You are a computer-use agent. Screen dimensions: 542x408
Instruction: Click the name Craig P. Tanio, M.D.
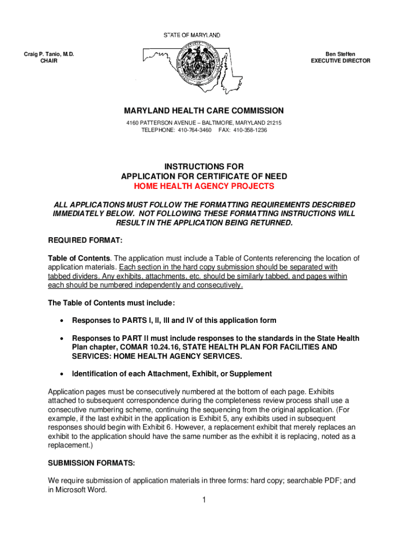tap(49, 54)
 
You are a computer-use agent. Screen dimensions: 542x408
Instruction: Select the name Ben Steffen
tap(340, 54)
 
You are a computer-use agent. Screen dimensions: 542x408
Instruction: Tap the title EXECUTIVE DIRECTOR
tap(340, 61)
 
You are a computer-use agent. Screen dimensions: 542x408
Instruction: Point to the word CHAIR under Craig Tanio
tap(49, 61)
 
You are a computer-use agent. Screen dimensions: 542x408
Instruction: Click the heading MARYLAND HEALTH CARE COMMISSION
tap(204, 111)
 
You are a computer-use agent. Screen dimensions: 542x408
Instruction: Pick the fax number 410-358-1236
tap(250, 130)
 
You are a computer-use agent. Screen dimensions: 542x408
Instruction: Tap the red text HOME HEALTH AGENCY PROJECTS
tap(204, 186)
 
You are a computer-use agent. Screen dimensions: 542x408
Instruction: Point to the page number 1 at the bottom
tap(204, 500)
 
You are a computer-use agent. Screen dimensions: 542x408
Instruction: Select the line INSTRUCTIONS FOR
tap(204, 167)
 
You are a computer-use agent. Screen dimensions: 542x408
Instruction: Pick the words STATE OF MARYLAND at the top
tap(191, 35)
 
